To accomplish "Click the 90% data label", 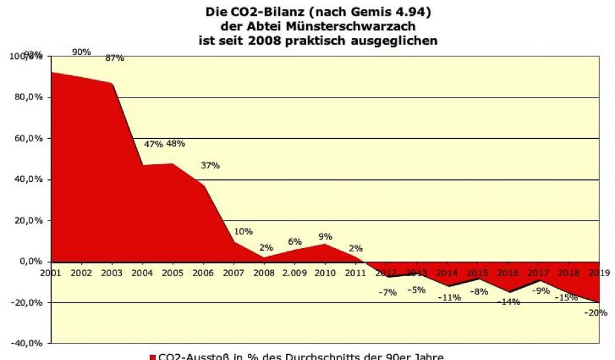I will tap(82, 52).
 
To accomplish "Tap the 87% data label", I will tap(114, 58).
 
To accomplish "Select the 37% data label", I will tap(211, 166).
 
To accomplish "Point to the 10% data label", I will tap(243, 232).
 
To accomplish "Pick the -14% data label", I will tap(508, 302).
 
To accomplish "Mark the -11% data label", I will tap(449, 297).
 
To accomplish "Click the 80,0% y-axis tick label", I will tap(29, 98).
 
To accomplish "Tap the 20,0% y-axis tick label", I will tap(29, 221).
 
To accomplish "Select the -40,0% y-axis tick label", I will tap(27, 343).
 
